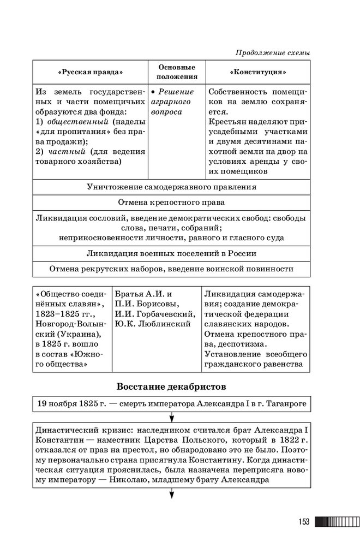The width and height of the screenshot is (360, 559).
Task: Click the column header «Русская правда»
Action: tap(89, 72)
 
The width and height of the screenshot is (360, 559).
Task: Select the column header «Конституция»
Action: tap(258, 72)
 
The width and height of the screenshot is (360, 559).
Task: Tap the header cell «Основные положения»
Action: tap(177, 72)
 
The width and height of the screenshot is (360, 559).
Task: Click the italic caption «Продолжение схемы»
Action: tap(273, 53)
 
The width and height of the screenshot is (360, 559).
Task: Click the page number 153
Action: tap(304, 522)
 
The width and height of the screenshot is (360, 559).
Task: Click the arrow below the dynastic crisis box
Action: tap(171, 495)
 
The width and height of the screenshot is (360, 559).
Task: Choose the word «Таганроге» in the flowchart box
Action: tap(280, 405)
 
